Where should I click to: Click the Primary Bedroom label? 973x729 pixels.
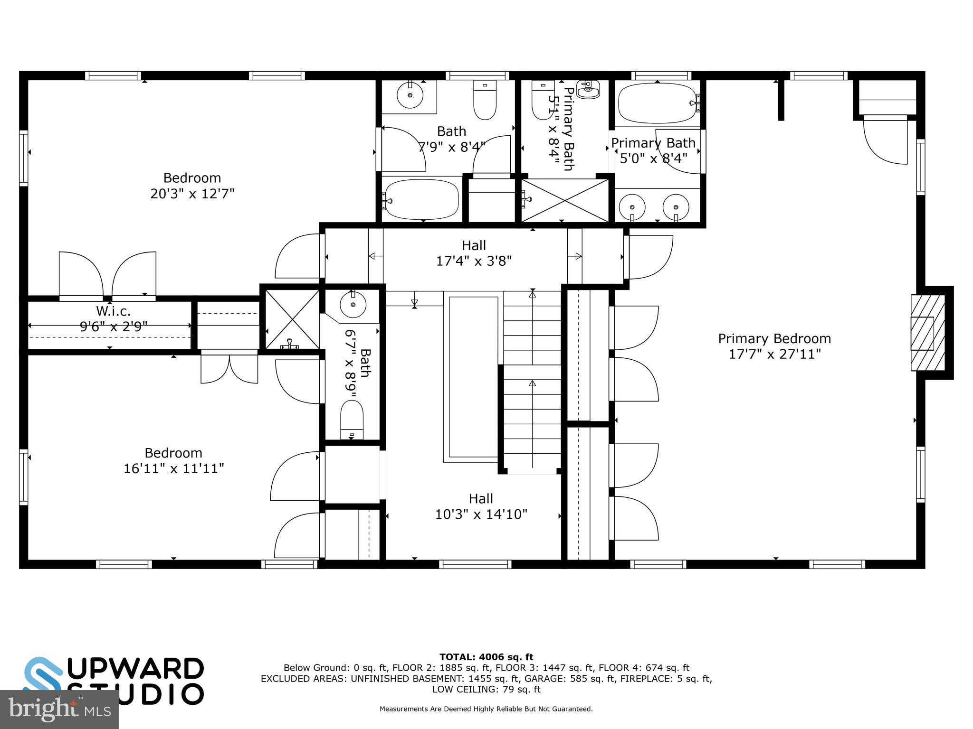pos(774,338)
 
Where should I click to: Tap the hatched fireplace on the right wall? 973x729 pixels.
pos(927,333)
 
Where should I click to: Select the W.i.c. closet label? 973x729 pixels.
pos(113,311)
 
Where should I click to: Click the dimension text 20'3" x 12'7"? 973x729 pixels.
pos(192,194)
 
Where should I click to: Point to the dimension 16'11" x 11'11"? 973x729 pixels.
pos(173,468)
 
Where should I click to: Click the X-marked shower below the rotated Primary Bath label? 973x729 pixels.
pos(565,200)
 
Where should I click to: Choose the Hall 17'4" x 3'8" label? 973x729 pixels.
pos(474,252)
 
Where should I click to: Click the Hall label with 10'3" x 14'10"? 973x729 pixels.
pos(481,506)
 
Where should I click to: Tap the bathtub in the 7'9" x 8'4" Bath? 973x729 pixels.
pos(422,199)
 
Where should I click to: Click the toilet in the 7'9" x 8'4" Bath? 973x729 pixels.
pos(485,99)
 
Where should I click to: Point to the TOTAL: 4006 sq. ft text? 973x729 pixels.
pos(486,657)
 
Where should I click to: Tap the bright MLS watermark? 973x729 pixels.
pos(59,709)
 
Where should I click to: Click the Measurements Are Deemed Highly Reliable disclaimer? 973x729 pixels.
pos(486,709)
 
